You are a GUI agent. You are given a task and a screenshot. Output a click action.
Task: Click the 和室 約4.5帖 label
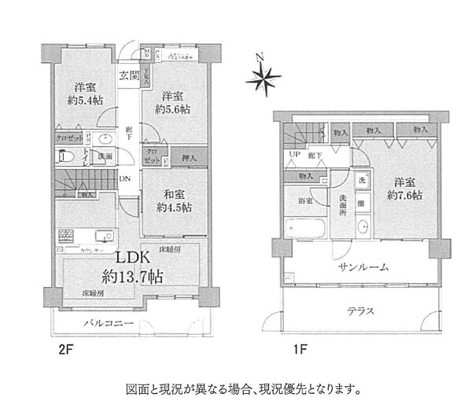171,201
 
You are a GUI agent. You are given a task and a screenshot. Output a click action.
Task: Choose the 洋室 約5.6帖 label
171,103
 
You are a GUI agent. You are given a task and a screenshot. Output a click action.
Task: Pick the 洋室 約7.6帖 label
402,188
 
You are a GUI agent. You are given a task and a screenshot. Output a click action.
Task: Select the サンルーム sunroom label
363,266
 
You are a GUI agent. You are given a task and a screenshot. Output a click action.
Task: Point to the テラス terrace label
362,311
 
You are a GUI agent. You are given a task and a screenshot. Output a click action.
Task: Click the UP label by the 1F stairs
293,156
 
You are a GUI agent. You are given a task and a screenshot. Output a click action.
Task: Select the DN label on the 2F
124,179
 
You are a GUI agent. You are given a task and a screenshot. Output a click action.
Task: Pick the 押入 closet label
189,158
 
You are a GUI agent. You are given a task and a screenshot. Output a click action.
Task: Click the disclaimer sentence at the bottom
243,388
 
